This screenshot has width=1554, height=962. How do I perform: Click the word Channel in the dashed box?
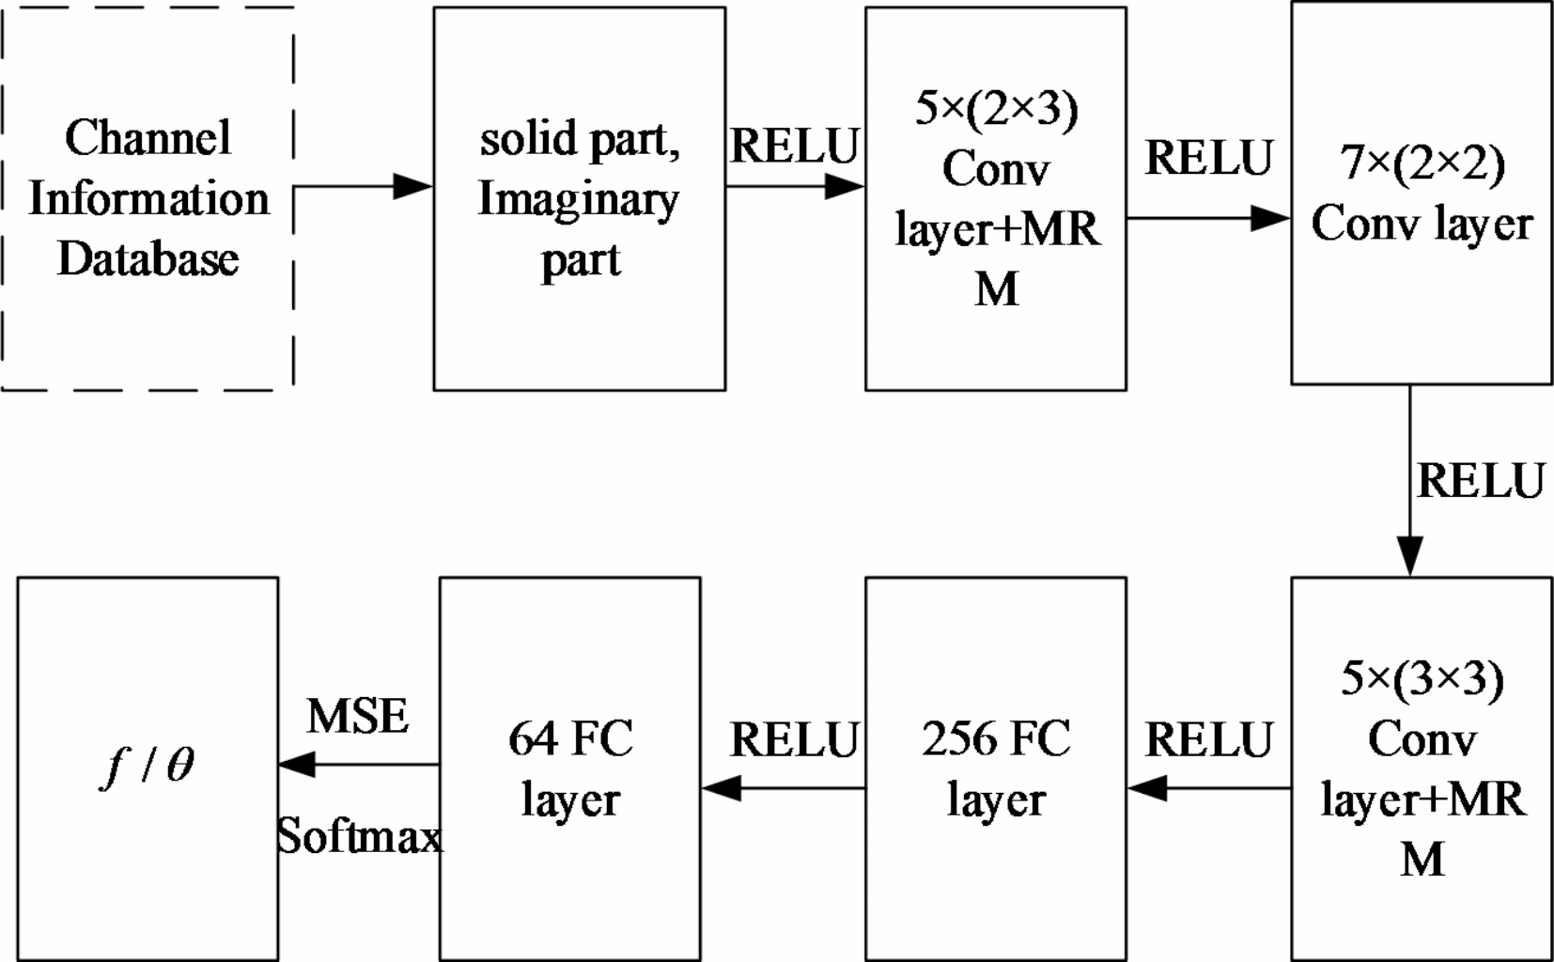tap(148, 138)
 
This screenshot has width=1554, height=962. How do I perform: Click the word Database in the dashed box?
tap(148, 259)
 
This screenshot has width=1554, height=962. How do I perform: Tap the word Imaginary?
tap(578, 199)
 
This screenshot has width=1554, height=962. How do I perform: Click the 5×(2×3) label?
tap(996, 109)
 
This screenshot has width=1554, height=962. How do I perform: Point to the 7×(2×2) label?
tap(1422, 163)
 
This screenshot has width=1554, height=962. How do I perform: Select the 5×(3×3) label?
tap(1422, 678)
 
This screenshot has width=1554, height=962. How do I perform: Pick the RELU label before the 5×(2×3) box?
tap(794, 146)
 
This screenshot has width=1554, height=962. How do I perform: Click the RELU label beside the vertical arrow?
tap(1480, 481)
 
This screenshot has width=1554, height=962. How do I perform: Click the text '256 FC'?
tap(996, 738)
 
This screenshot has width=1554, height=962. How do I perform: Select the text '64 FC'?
tap(570, 738)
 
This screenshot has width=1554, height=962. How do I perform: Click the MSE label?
tap(358, 717)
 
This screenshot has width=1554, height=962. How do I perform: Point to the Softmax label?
tap(359, 835)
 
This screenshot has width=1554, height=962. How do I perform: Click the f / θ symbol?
tap(148, 766)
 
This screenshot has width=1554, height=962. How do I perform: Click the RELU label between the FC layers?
tap(794, 739)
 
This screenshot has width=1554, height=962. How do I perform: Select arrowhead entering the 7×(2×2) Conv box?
tap(1270, 219)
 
